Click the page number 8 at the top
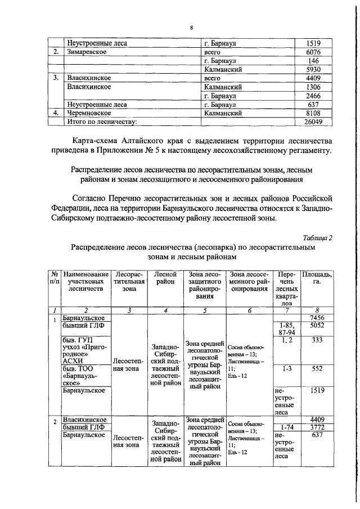(191, 26)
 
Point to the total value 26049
(312, 121)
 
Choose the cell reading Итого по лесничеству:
(102, 121)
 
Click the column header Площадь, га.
(317, 278)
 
